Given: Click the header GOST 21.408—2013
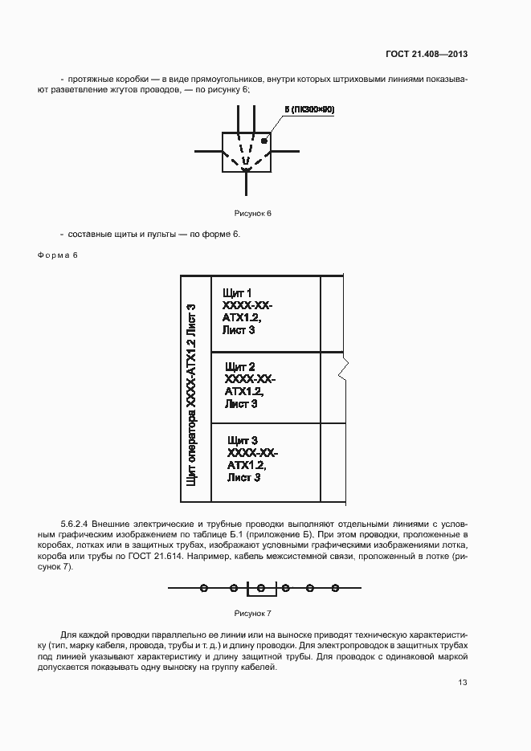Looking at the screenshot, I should click(427, 55).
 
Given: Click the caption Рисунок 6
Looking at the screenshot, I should click(253, 213).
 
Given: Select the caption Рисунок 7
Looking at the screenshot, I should click(253, 613).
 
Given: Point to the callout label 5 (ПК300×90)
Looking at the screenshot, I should click(308, 108).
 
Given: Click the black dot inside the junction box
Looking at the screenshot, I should click(264, 141).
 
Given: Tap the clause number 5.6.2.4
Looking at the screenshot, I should click(76, 523).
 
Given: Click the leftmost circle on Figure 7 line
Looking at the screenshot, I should click(204, 589).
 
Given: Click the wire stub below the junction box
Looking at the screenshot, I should click(247, 183).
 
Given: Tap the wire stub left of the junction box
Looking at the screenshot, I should click(207, 150).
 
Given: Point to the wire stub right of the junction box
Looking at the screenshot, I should click(285, 150).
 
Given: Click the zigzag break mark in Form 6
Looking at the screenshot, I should click(343, 371).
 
